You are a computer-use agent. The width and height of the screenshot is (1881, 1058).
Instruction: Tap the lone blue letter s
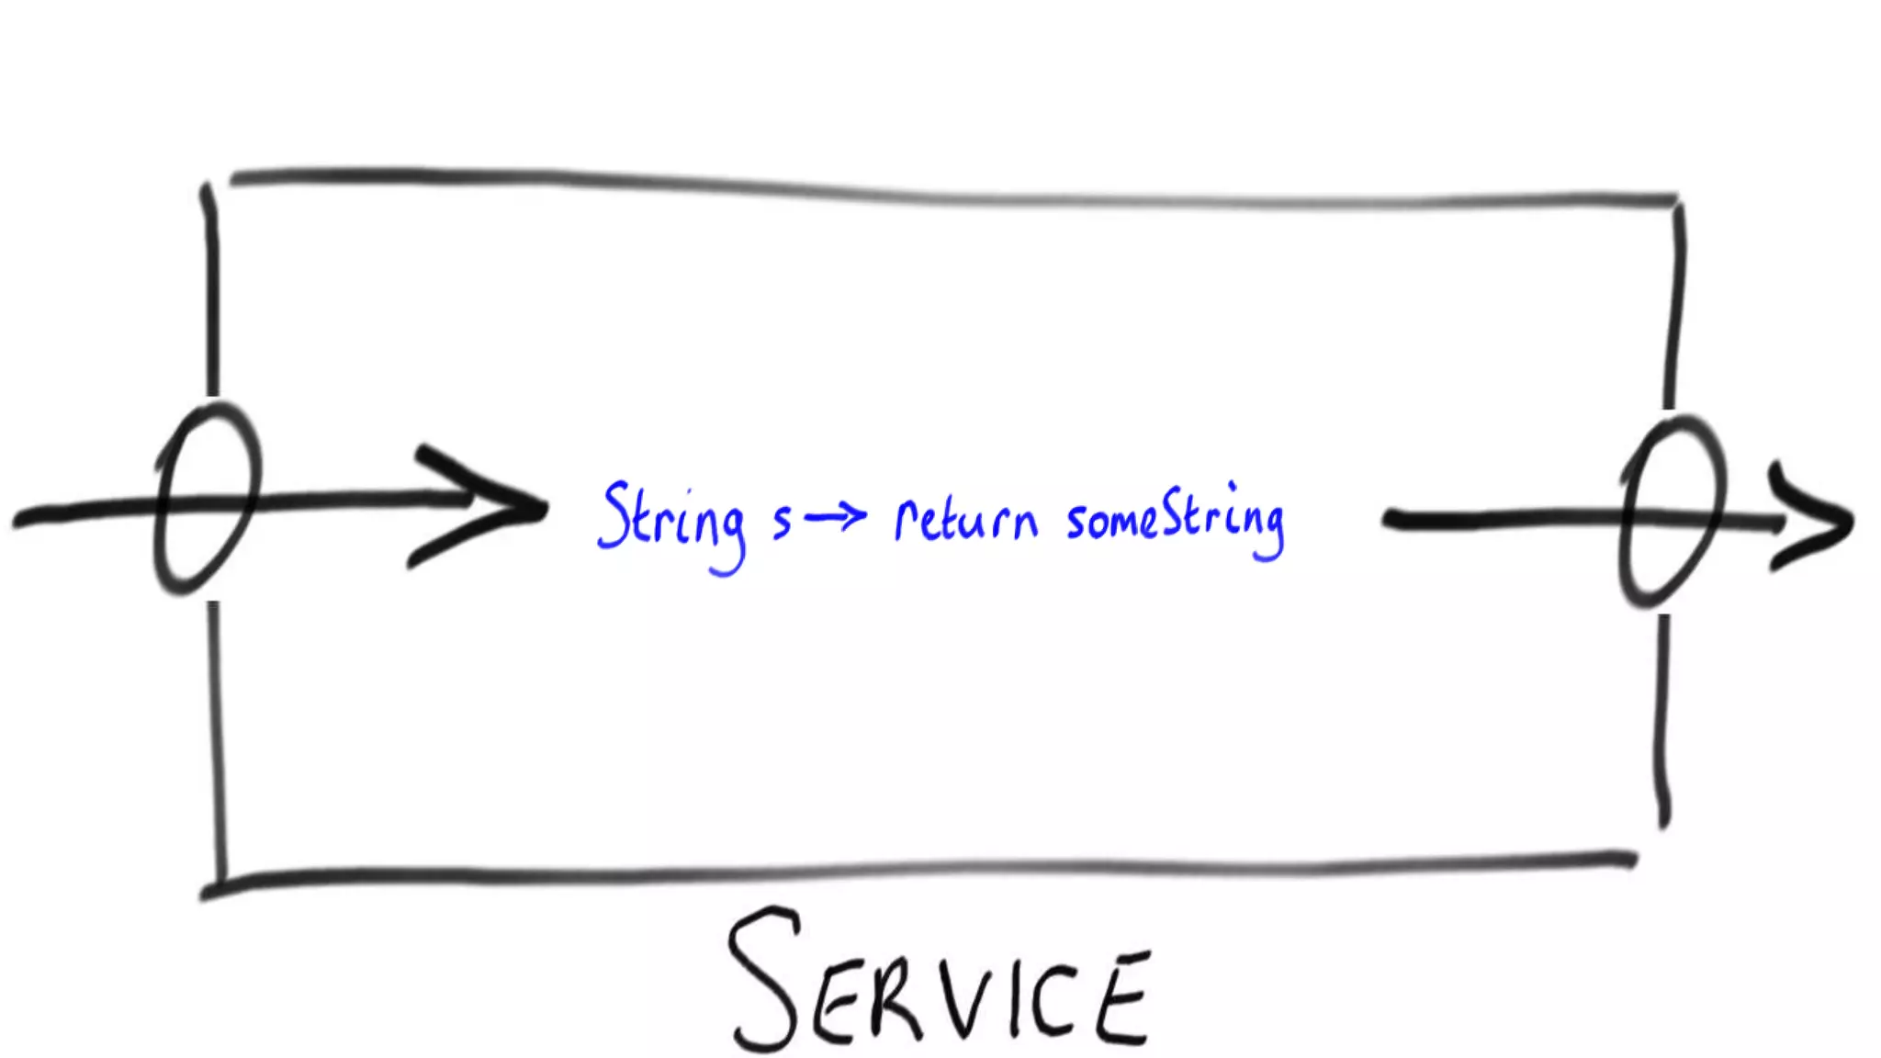pos(782,521)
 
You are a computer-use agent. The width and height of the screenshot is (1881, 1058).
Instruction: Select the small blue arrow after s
pos(835,517)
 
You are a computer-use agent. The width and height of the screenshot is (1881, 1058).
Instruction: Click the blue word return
pos(966,521)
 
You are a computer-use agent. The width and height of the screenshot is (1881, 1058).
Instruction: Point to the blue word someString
pos(1176,520)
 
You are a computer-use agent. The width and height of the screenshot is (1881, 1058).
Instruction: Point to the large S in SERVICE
pos(762,978)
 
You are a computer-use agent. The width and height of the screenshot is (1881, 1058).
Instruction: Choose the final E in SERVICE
pos(1122,999)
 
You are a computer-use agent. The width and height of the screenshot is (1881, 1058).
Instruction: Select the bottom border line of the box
pos(918,869)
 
